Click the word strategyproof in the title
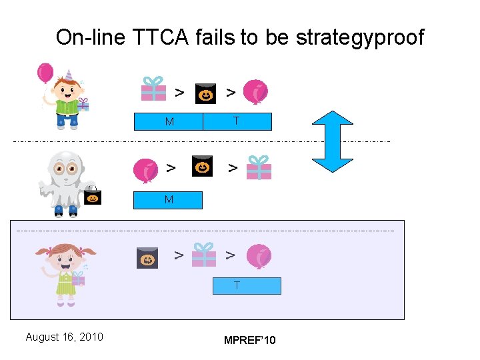[359, 37]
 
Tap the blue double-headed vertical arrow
[332, 141]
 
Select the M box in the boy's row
[169, 121]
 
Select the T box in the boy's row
[237, 121]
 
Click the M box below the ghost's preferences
[168, 200]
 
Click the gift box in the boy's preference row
[154, 89]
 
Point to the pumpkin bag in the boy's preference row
[205, 94]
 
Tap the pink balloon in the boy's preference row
[255, 92]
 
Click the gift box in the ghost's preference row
[259, 167]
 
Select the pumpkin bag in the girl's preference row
[147, 257]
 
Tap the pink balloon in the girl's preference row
[258, 257]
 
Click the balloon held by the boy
[45, 73]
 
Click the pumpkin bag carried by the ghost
[92, 195]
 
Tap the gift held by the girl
[78, 279]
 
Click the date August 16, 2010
[64, 337]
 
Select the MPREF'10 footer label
[249, 341]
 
